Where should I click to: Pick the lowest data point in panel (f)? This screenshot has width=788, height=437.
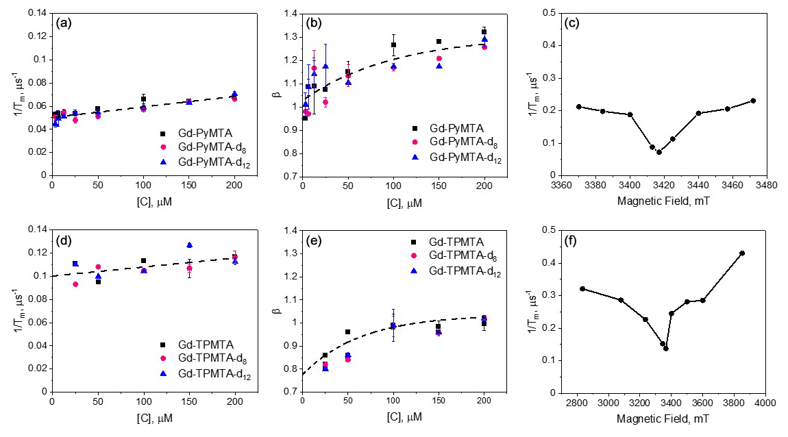click(665, 348)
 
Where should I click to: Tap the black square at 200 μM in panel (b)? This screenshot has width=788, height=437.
click(484, 32)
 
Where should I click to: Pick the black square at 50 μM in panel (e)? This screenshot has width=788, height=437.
click(348, 332)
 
